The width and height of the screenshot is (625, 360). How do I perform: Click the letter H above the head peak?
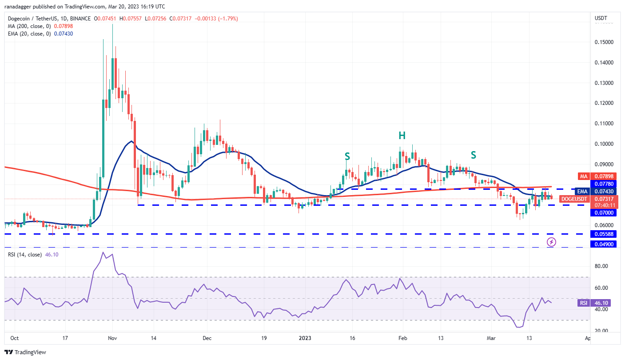[x=402, y=135]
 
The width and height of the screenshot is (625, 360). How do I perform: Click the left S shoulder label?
[x=347, y=156]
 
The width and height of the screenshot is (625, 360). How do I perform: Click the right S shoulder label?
[x=474, y=155]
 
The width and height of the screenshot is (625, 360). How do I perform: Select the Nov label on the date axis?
[x=112, y=338]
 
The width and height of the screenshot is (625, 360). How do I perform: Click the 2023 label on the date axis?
[x=305, y=338]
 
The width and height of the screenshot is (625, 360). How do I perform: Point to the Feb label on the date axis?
[x=402, y=338]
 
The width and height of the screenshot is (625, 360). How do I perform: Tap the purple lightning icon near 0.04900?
[x=551, y=242]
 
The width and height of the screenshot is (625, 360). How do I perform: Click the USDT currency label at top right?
[x=601, y=18]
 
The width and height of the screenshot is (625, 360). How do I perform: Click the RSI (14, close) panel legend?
[x=25, y=255]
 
